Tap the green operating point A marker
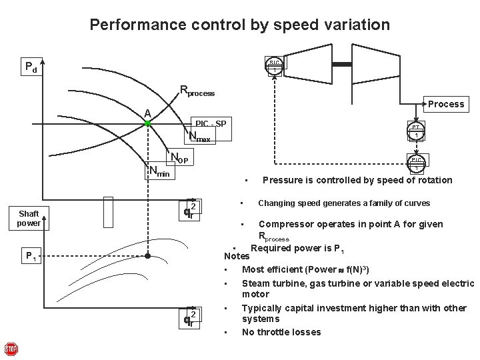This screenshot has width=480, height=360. tap(148, 124)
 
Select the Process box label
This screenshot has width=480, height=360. tap(446, 104)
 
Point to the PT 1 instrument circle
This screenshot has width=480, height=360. tap(416, 131)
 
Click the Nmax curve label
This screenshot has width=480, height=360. tap(199, 137)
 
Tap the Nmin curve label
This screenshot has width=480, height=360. tap(159, 173)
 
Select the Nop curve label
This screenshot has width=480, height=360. tap(180, 159)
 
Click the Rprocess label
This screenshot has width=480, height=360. tap(197, 91)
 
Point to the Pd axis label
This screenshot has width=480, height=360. tap(31, 66)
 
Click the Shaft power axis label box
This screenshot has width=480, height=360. tap(29, 218)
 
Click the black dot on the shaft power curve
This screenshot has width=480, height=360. tap(149, 255)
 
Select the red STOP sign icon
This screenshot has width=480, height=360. tap(11, 349)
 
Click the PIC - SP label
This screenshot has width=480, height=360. tap(211, 124)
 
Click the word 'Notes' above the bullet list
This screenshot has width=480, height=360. tap(237, 256)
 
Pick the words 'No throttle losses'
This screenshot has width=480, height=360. tap(281, 332)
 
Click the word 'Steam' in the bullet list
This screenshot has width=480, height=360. tap(255, 283)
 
